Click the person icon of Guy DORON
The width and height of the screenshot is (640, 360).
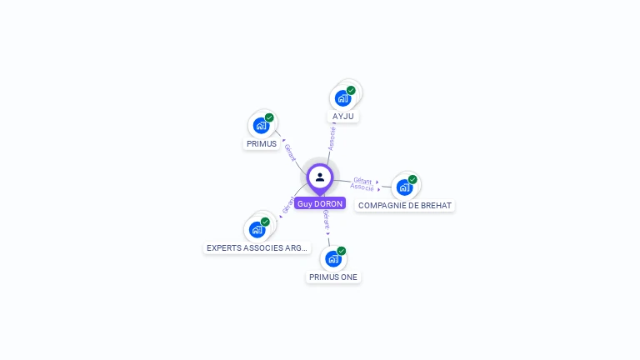320,177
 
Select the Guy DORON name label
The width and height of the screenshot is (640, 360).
320,203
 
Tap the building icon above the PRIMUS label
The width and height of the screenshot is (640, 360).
261,126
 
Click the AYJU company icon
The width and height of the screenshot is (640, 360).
342,98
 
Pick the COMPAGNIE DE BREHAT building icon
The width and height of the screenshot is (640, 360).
404,187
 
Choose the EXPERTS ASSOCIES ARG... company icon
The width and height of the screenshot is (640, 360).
257,229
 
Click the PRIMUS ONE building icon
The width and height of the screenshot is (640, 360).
332,258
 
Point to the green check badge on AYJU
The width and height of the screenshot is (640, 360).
351,90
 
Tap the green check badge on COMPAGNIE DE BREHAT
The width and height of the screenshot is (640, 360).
412,179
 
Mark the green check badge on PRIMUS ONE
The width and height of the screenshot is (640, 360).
341,251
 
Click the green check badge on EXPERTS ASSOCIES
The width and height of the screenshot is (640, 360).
265,222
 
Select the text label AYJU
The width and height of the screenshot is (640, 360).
344,117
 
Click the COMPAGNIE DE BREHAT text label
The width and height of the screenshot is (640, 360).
405,205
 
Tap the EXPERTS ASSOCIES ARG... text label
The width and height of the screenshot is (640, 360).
257,247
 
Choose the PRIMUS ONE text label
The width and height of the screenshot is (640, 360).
333,277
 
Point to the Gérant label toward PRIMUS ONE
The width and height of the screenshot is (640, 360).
327,219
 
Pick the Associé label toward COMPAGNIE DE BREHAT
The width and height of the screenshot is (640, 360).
362,187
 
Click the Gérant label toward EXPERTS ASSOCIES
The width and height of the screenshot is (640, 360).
288,205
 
